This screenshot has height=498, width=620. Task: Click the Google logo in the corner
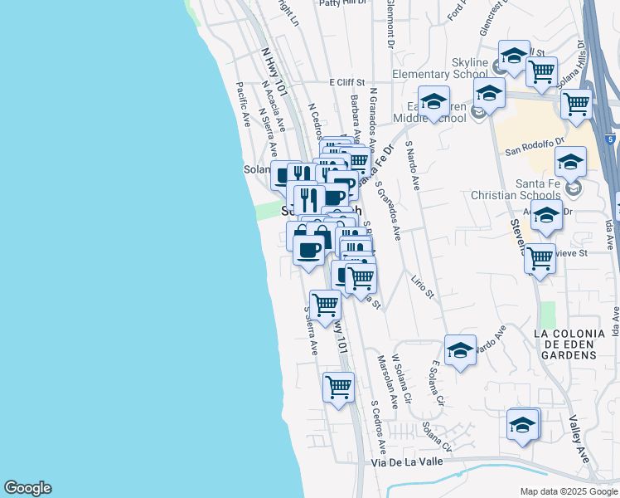(27, 488)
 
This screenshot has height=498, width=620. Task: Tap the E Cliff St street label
(346, 82)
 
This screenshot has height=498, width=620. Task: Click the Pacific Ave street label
(244, 104)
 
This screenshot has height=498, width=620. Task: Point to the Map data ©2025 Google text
(569, 491)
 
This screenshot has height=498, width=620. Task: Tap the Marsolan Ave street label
(386, 381)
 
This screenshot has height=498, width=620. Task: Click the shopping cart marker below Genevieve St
(540, 258)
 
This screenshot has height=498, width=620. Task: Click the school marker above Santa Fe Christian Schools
(570, 161)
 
